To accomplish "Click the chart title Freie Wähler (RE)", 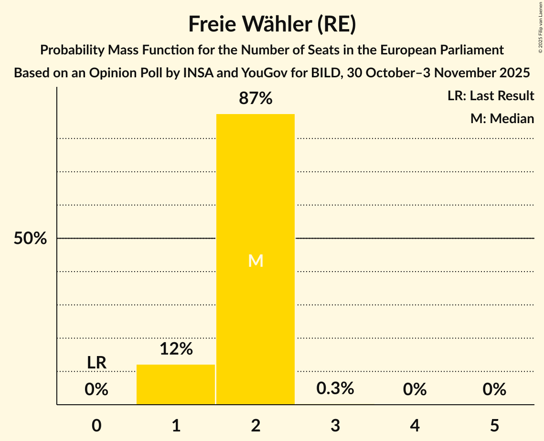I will click(x=272, y=24).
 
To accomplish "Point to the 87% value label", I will click(x=256, y=99).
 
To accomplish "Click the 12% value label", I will click(x=176, y=349).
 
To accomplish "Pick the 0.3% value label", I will click(x=335, y=388).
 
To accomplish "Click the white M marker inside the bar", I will click(x=256, y=261).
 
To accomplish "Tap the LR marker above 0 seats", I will click(x=96, y=363).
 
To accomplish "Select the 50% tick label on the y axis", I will click(x=30, y=239).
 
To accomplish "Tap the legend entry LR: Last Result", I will click(x=491, y=96).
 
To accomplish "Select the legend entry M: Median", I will click(x=502, y=118).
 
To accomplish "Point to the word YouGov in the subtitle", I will click(x=265, y=73).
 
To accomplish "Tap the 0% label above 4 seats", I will click(x=415, y=389).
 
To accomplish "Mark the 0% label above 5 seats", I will click(x=494, y=389).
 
